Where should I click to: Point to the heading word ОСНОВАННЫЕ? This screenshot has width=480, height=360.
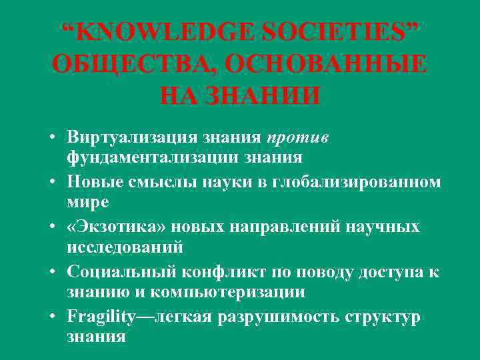[326, 65]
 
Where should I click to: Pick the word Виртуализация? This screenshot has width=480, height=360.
[130, 137]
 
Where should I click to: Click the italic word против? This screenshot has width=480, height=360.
[295, 137]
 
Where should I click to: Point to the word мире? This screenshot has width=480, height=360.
[87, 201]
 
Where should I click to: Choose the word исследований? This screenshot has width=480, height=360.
[125, 247]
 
